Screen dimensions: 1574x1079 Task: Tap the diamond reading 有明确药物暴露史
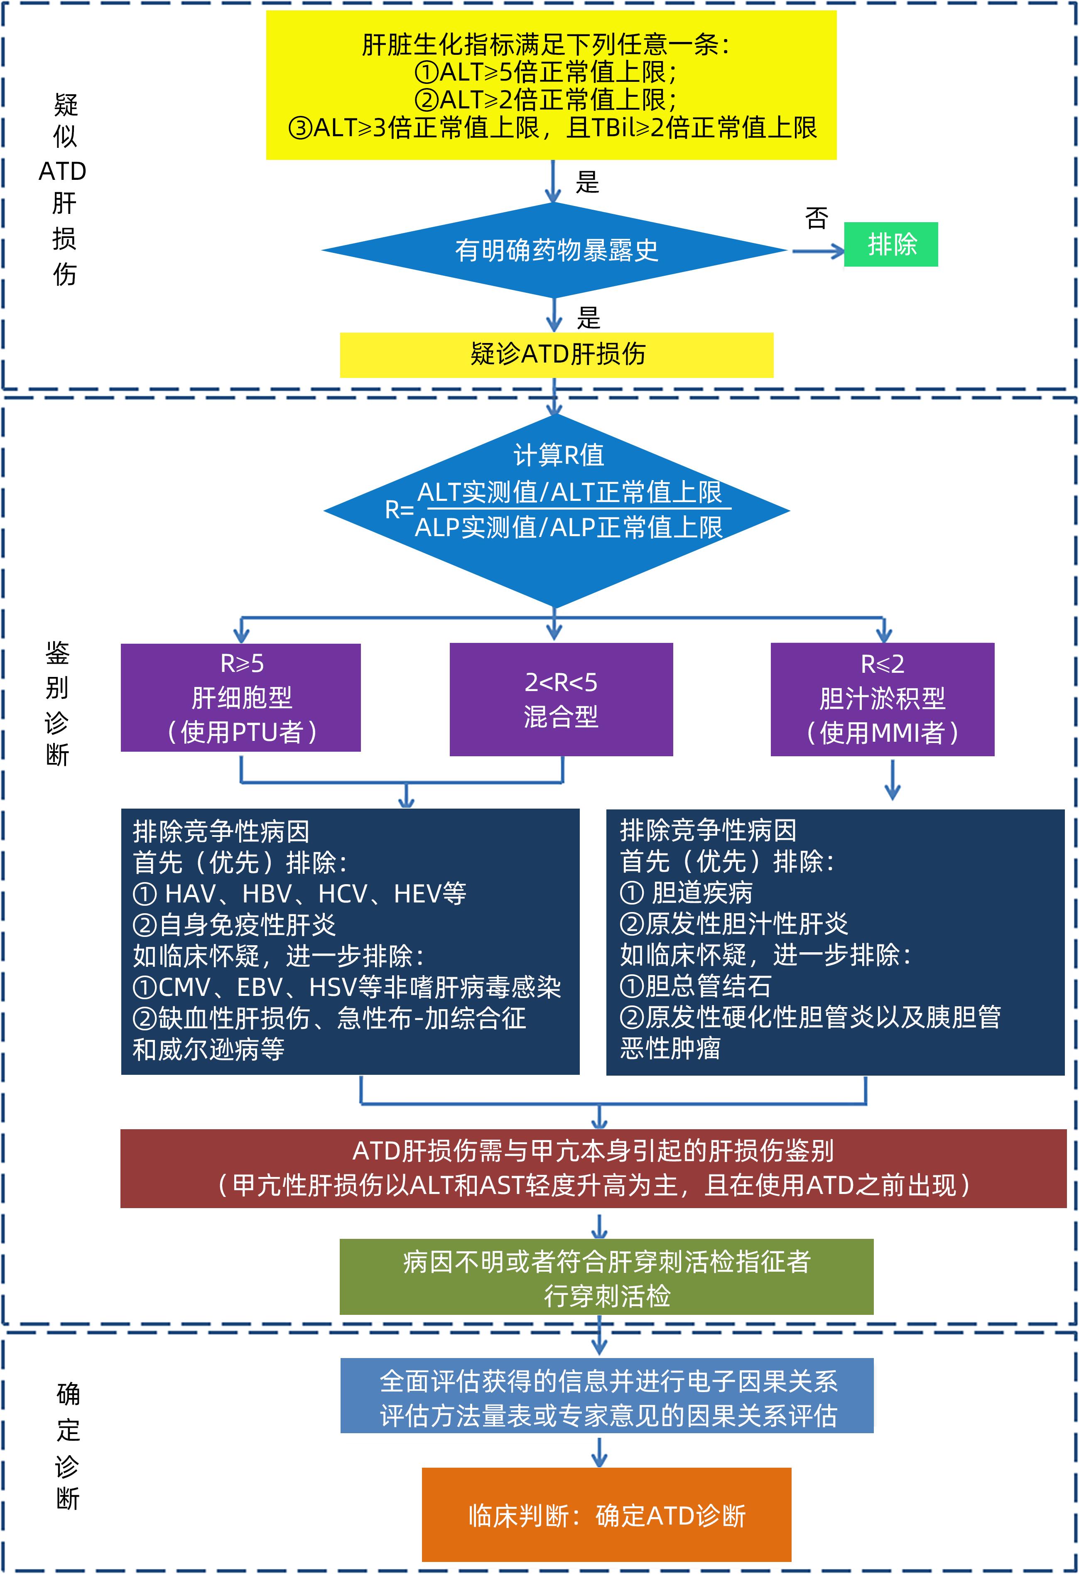555,250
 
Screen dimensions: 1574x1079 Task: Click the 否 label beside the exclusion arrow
816,218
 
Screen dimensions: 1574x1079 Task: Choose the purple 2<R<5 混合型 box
561,699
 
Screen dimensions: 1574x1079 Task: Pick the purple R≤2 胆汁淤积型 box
882,699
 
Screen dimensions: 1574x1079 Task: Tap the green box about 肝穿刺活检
606,1277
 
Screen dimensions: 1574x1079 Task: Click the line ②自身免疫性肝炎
234,924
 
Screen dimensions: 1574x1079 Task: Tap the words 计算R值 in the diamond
558,454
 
